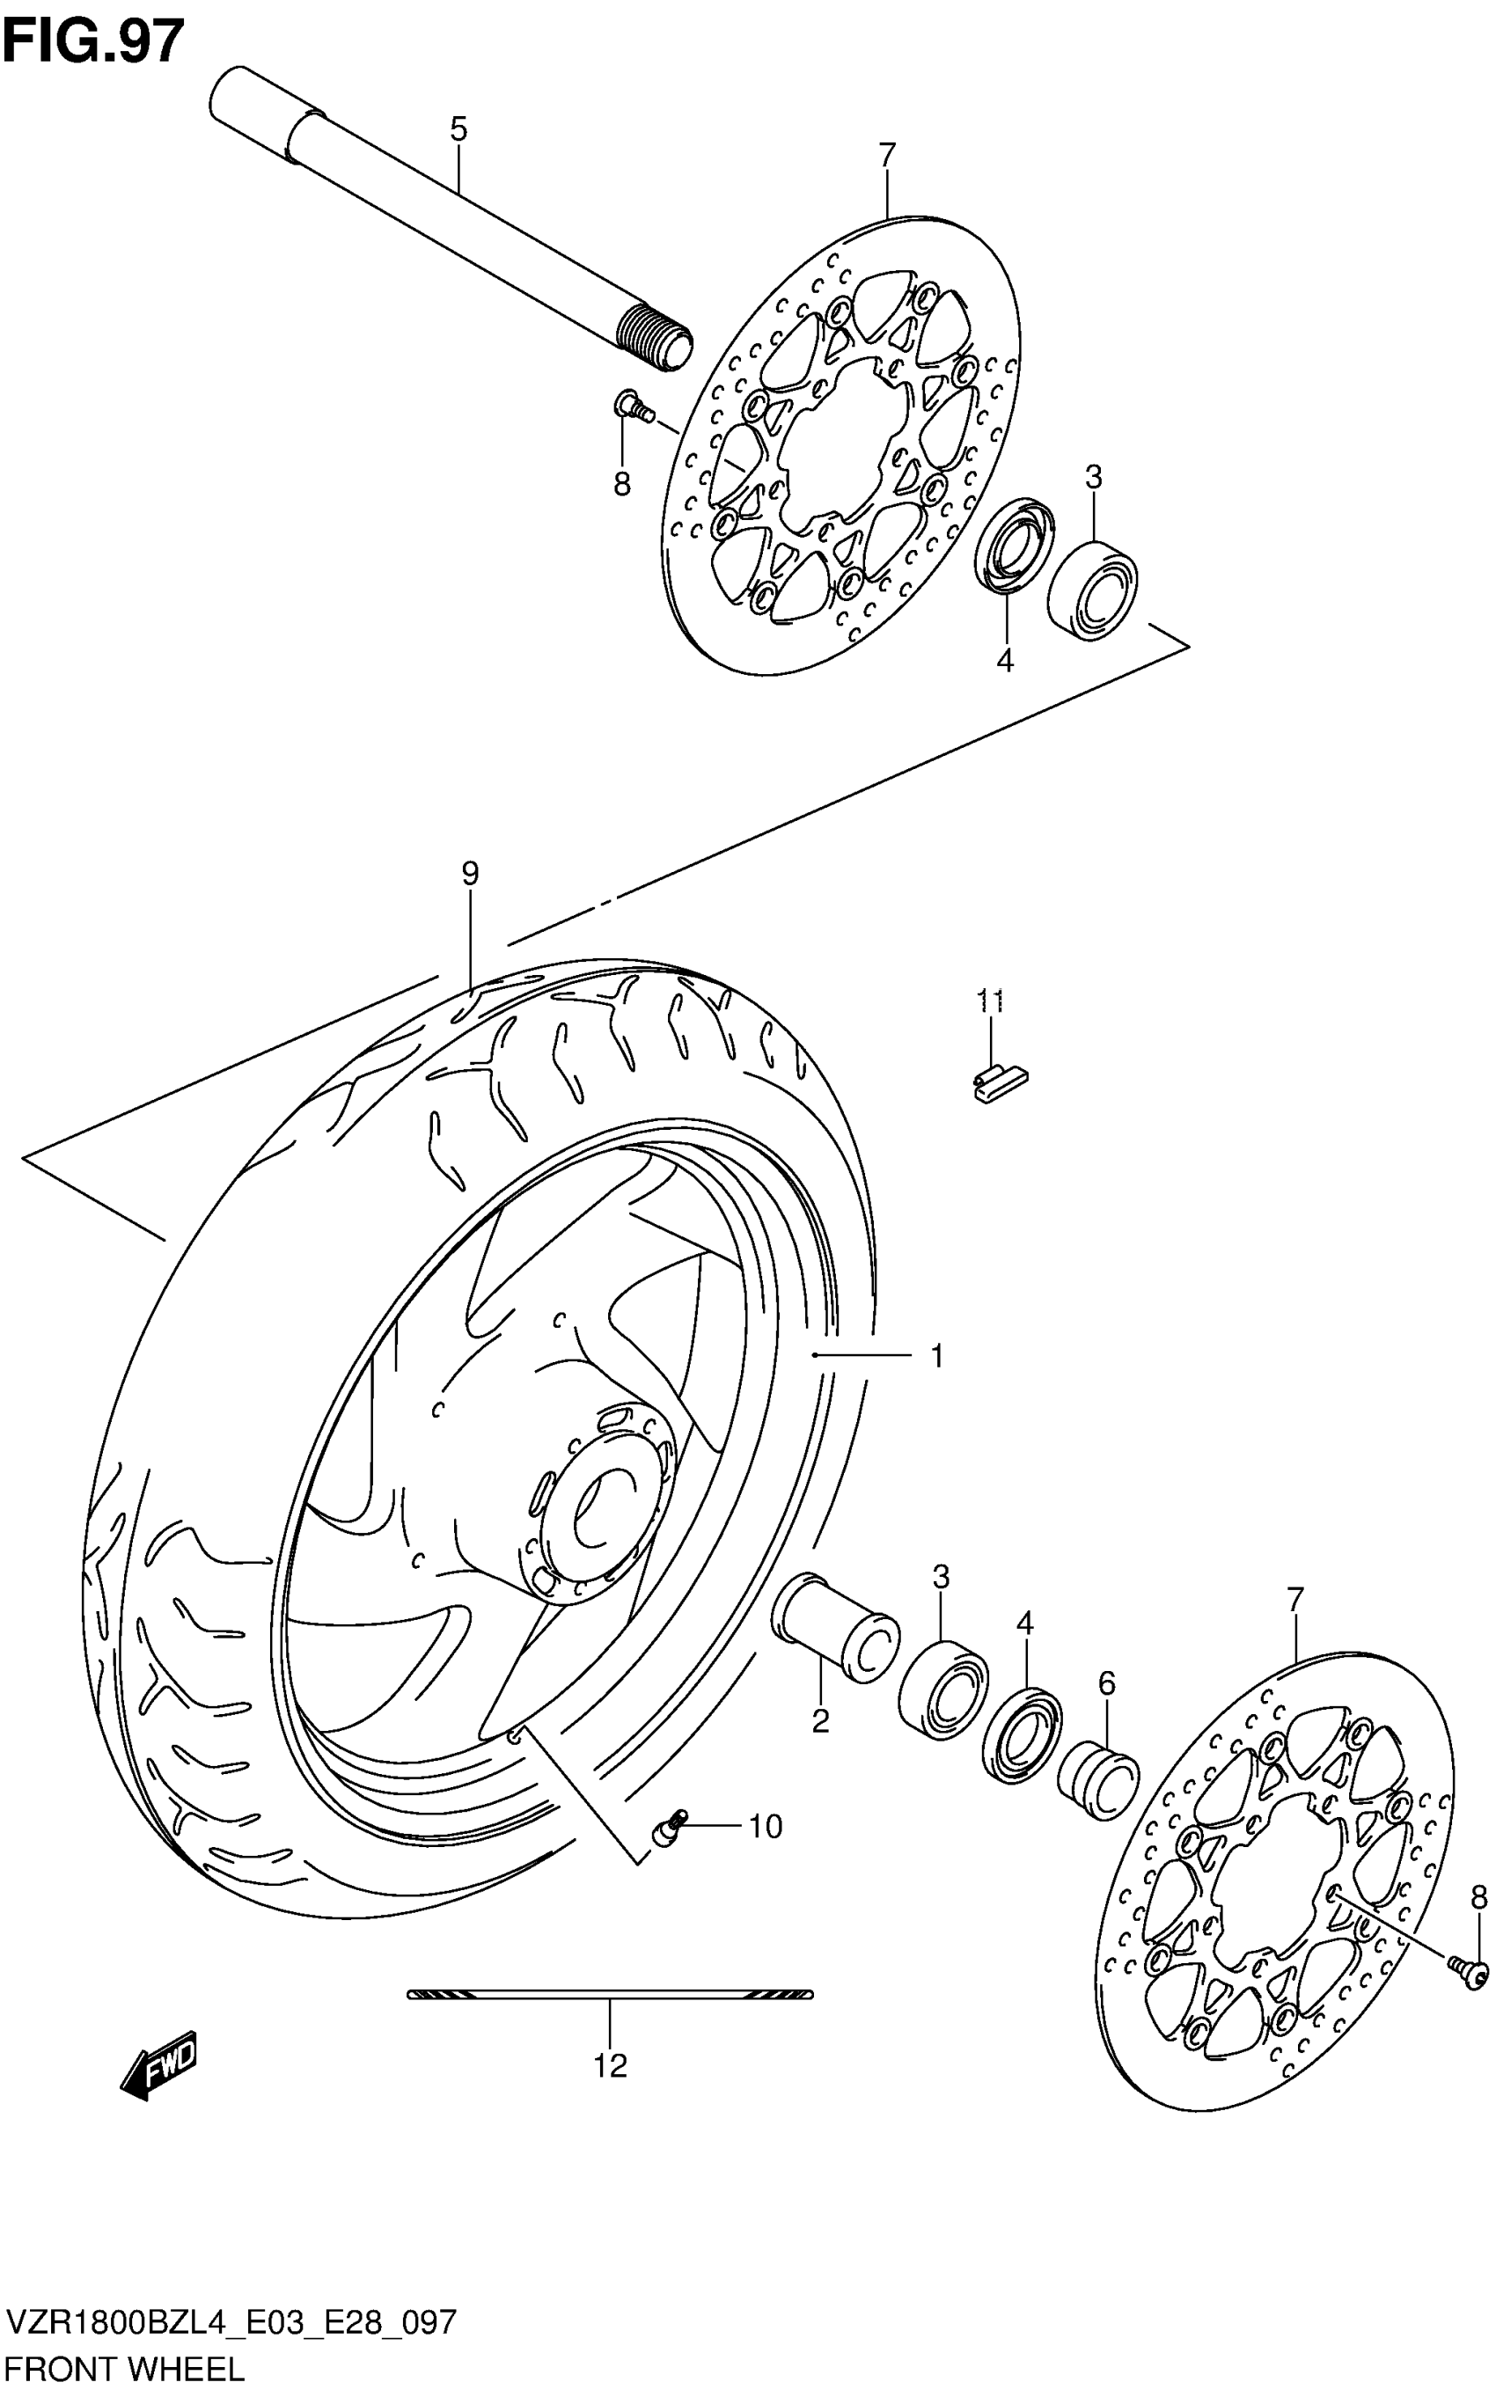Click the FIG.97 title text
(93, 41)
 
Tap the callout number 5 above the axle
(458, 128)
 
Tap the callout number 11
(990, 1001)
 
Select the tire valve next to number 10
(669, 1826)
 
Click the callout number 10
(765, 1826)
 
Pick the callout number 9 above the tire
(470, 874)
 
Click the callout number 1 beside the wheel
(936, 1355)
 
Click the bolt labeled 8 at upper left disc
(630, 406)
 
